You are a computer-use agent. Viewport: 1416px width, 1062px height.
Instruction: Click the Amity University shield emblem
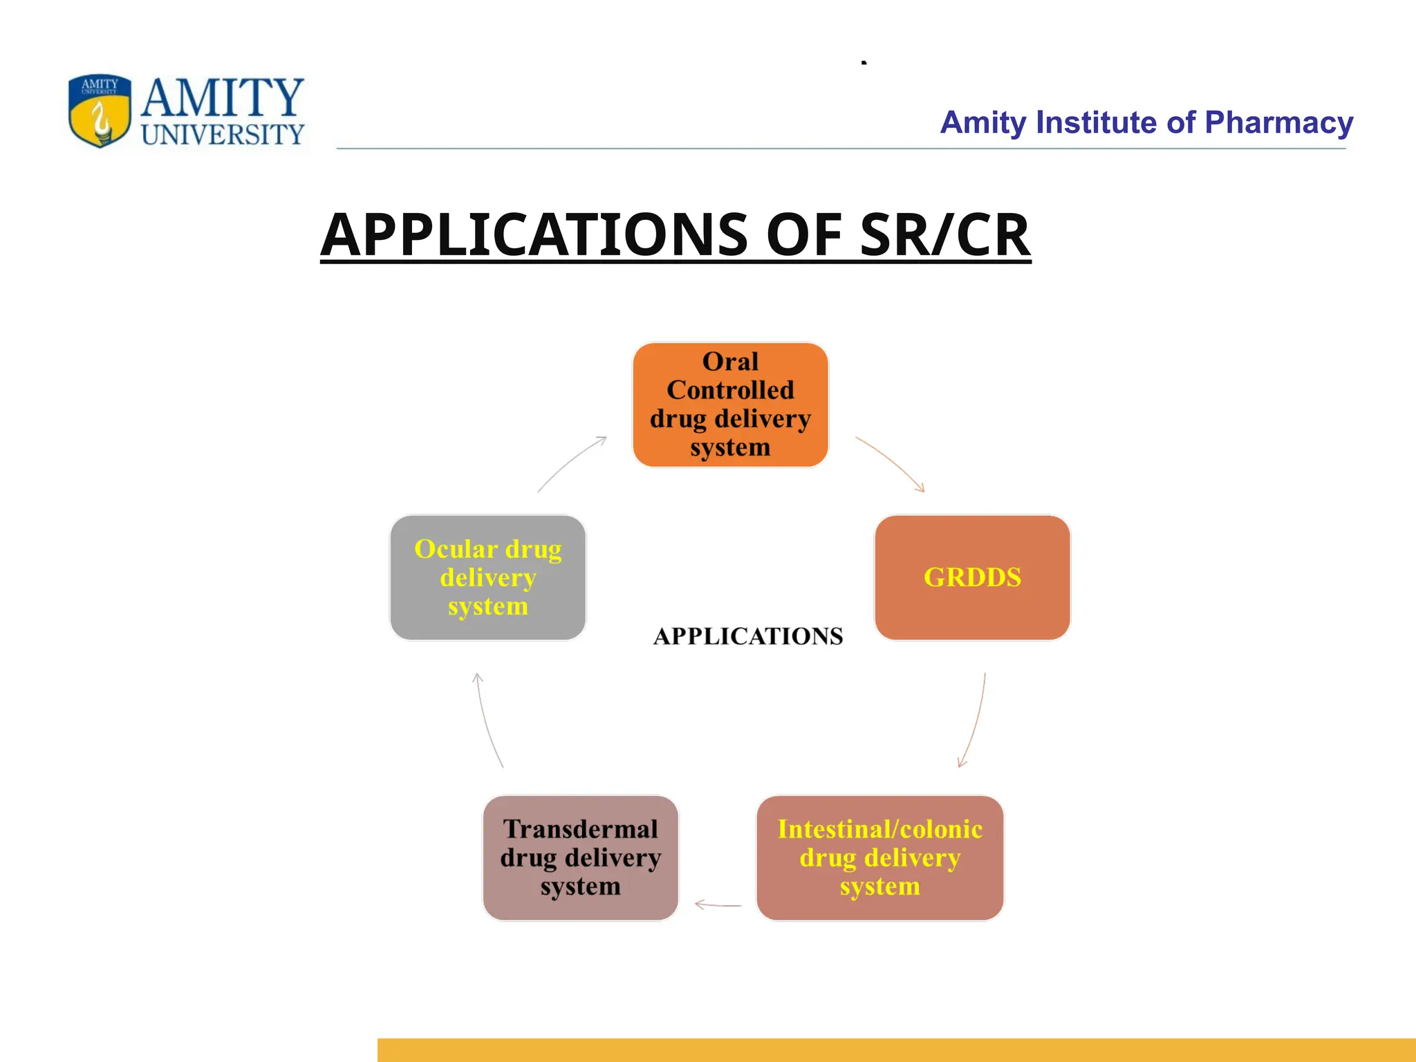[100, 111]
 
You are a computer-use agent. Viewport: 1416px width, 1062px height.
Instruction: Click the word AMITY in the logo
[222, 97]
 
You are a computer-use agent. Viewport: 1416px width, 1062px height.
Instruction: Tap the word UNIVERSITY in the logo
[222, 134]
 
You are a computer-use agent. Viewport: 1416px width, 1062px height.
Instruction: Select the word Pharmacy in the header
[1278, 122]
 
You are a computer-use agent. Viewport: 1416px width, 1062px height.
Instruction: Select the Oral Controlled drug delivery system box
[730, 404]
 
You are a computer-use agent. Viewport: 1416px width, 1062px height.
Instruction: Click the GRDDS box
[972, 577]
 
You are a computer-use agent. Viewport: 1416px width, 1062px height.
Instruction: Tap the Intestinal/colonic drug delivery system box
[879, 857]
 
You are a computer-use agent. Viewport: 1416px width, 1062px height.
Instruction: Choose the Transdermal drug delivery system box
[580, 857]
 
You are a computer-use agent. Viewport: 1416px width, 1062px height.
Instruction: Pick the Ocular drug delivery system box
[487, 577]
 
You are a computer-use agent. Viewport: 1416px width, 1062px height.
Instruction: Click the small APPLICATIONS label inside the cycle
[748, 636]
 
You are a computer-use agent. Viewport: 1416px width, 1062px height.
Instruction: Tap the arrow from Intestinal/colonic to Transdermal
[718, 904]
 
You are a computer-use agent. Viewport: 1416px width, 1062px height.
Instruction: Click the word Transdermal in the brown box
[580, 829]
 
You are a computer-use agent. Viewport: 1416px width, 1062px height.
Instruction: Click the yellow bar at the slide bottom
[896, 1050]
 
